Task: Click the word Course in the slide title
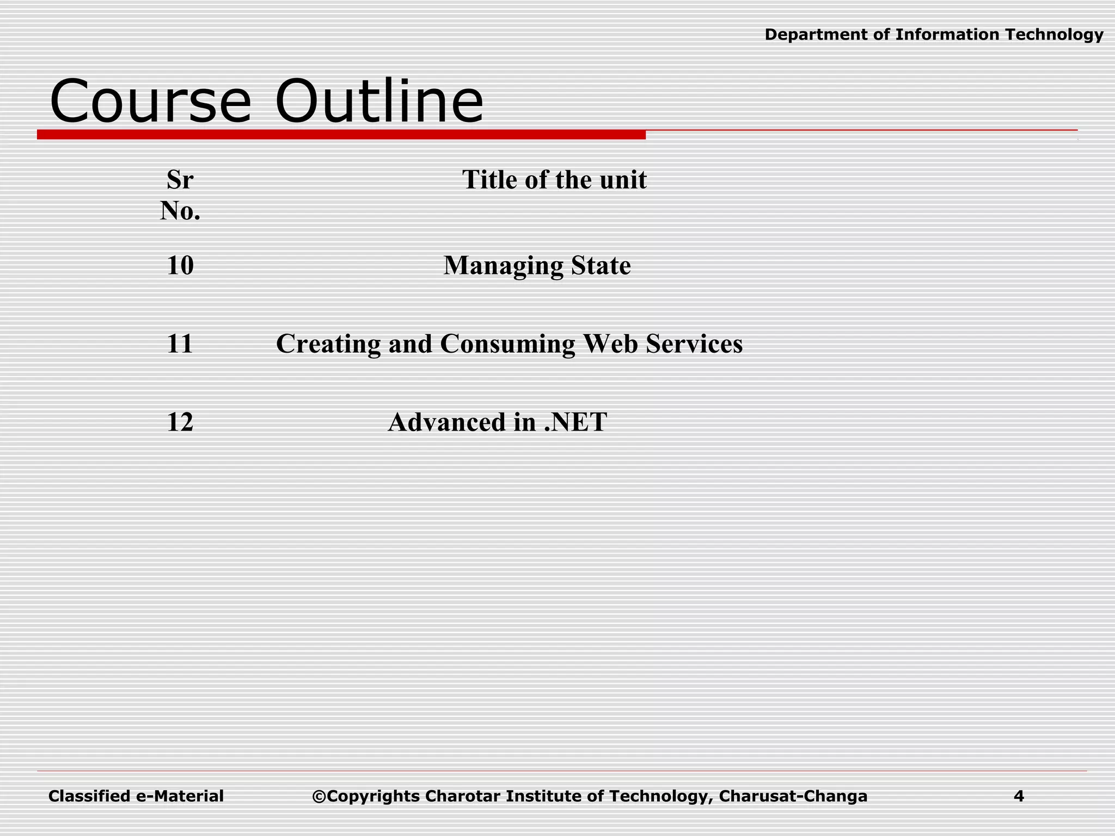tap(150, 102)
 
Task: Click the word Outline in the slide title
tap(379, 102)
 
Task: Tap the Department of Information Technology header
tap(934, 35)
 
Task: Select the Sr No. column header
tap(180, 195)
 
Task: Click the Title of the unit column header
tap(554, 180)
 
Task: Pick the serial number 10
tap(180, 266)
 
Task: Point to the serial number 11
tap(180, 344)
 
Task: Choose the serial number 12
tap(180, 422)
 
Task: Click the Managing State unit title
tap(537, 266)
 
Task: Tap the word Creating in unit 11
tap(328, 344)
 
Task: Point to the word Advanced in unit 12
tap(446, 422)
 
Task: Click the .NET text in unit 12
tap(575, 422)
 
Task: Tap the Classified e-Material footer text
tap(136, 796)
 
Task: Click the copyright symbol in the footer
tap(319, 797)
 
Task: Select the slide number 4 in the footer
tap(1019, 796)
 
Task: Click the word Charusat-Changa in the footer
tap(793, 796)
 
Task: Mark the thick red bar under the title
tap(341, 134)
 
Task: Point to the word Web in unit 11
tap(610, 344)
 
